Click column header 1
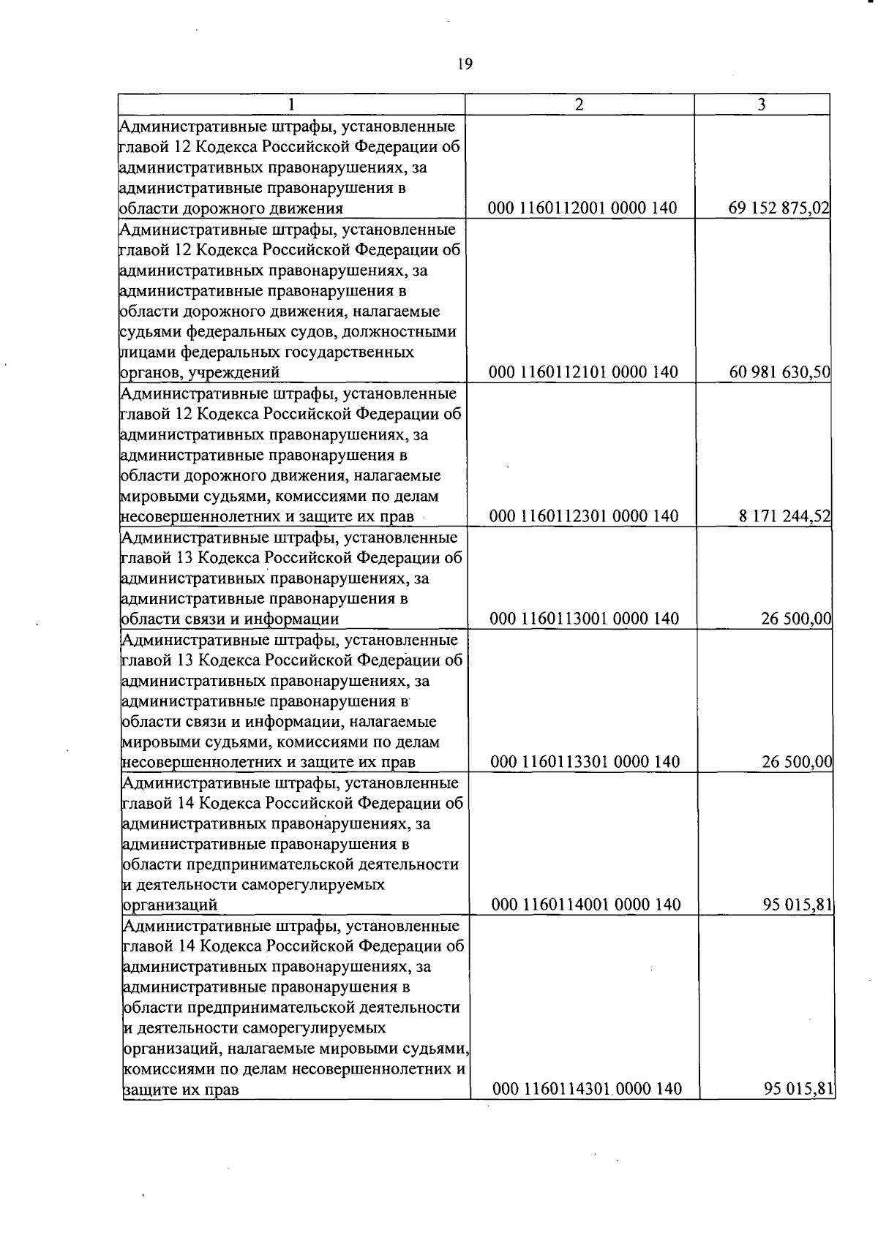click(291, 105)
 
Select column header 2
click(579, 105)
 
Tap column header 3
click(761, 105)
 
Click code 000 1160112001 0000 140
click(582, 208)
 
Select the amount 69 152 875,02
click(778, 208)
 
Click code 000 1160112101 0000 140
click(583, 372)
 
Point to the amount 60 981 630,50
click(779, 372)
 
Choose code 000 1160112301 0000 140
click(584, 516)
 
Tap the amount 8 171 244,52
click(784, 516)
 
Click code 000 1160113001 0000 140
click(585, 619)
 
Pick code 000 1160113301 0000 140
click(585, 762)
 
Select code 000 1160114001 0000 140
click(586, 905)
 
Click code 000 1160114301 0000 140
click(587, 1090)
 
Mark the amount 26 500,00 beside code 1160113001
click(796, 619)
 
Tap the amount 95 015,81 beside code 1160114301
click(799, 1090)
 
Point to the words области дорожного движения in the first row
click(231, 208)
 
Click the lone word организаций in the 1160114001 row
click(170, 905)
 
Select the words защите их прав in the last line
click(181, 1090)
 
